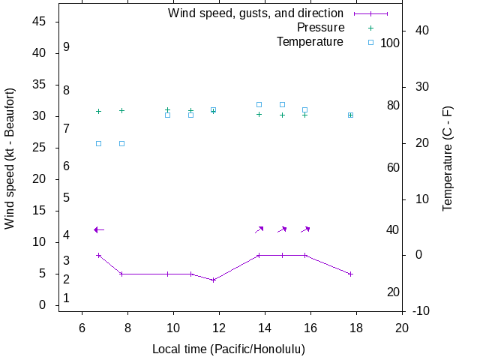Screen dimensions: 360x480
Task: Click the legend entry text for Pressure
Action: tap(320, 28)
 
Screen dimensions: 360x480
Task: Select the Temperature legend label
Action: tap(310, 41)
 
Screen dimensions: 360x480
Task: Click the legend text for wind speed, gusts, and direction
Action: tap(256, 13)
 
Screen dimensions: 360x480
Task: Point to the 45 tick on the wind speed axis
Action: tap(40, 22)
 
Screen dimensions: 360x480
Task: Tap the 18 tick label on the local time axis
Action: tap(356, 328)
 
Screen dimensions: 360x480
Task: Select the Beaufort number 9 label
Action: tap(67, 47)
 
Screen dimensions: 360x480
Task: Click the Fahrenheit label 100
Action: tap(390, 43)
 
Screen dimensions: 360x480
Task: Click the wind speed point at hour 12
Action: tap(214, 280)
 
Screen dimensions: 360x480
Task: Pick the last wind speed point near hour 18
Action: tap(350, 274)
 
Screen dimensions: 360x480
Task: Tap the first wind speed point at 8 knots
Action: tap(98, 255)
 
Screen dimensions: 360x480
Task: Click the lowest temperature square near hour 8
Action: tap(121, 143)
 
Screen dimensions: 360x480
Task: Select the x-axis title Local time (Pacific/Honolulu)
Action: tap(229, 349)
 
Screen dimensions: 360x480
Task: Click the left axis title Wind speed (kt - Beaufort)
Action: tap(10, 157)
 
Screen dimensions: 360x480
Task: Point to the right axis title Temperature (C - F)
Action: tap(448, 157)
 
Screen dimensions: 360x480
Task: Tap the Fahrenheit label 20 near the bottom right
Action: tap(393, 292)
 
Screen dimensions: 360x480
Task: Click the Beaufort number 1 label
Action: tap(67, 298)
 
